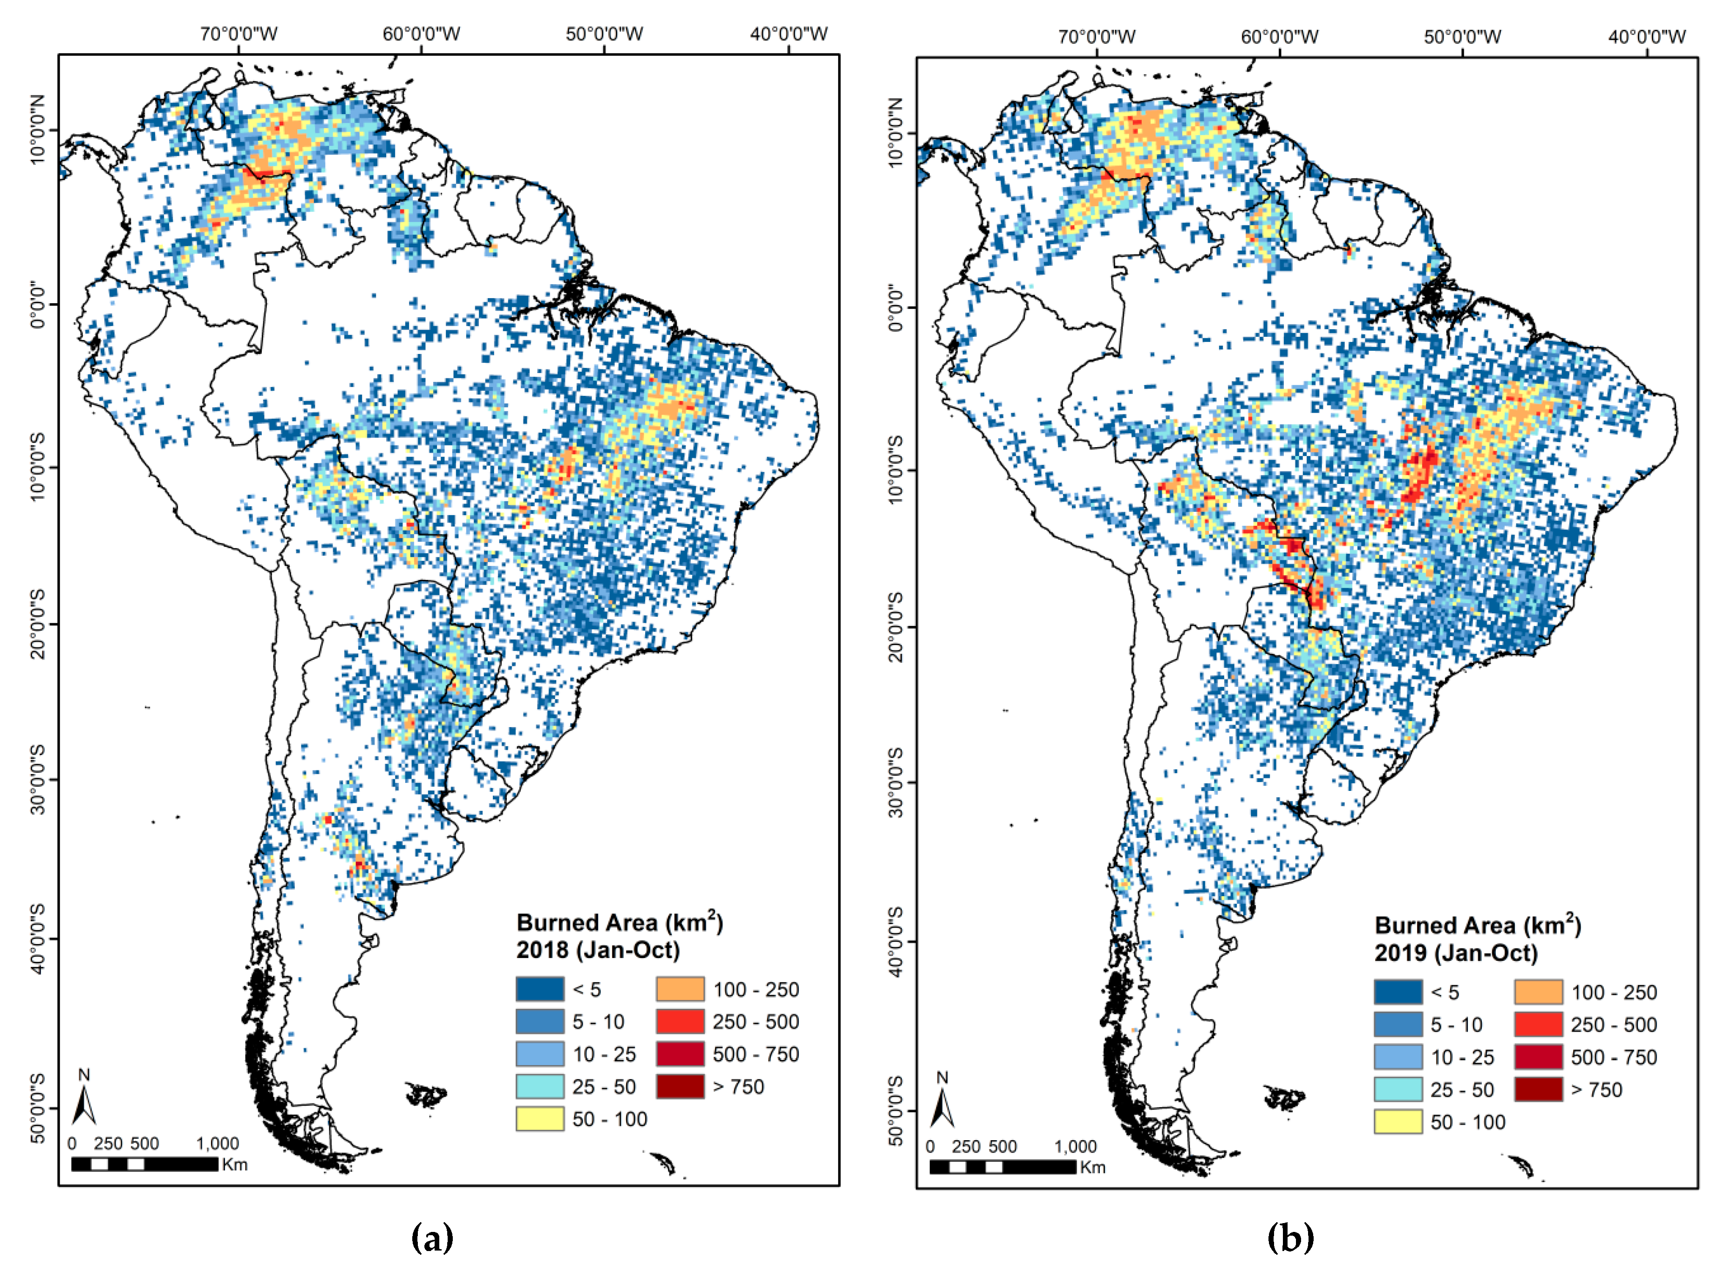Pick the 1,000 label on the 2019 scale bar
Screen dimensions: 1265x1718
tap(1075, 1146)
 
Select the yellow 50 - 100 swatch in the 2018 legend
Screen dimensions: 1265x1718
tap(539, 1119)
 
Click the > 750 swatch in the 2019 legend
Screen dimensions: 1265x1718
tap(1538, 1089)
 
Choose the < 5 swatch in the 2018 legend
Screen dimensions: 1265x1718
tap(539, 988)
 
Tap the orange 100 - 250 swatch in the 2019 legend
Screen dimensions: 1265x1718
tap(1538, 992)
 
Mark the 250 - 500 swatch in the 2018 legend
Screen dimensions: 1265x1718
tap(679, 1021)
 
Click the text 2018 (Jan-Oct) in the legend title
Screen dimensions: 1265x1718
tap(597, 950)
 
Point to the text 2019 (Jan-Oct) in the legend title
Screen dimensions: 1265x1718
tap(1455, 953)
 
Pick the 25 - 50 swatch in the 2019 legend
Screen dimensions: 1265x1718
tap(1398, 1089)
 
